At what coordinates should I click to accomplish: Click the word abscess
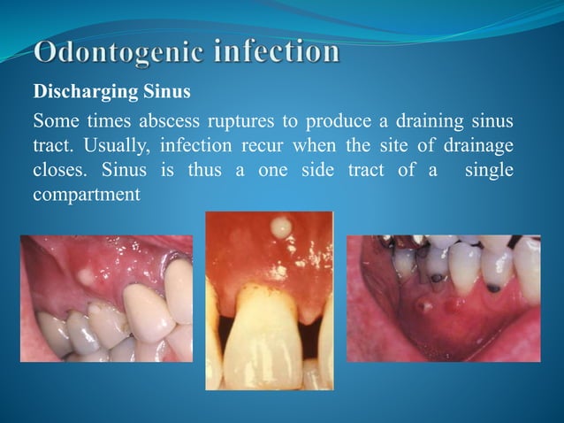click(175, 120)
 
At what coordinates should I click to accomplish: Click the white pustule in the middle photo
click(282, 228)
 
